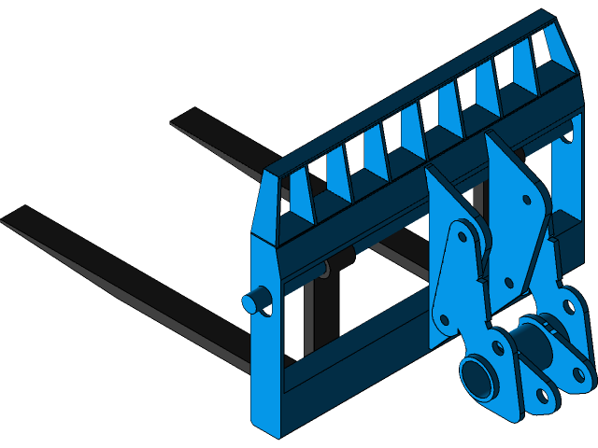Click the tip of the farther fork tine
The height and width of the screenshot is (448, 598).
(x=178, y=121)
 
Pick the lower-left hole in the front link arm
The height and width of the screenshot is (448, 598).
(x=445, y=319)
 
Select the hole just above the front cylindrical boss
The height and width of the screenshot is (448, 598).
(x=498, y=347)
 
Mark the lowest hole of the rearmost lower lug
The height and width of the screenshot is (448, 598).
(x=579, y=375)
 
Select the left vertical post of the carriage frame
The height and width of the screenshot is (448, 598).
(x=266, y=336)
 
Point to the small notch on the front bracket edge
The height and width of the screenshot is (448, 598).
(x=479, y=278)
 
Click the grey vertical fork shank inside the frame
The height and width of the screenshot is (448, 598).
(x=308, y=317)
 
